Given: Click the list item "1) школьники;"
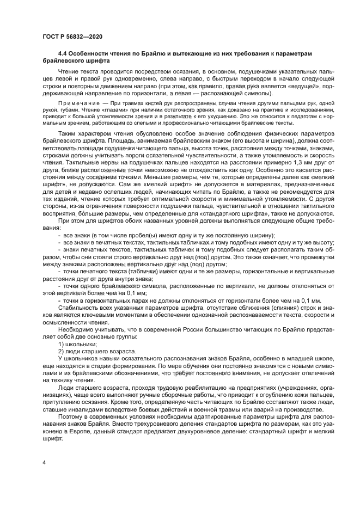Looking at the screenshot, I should pos(77,344).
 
